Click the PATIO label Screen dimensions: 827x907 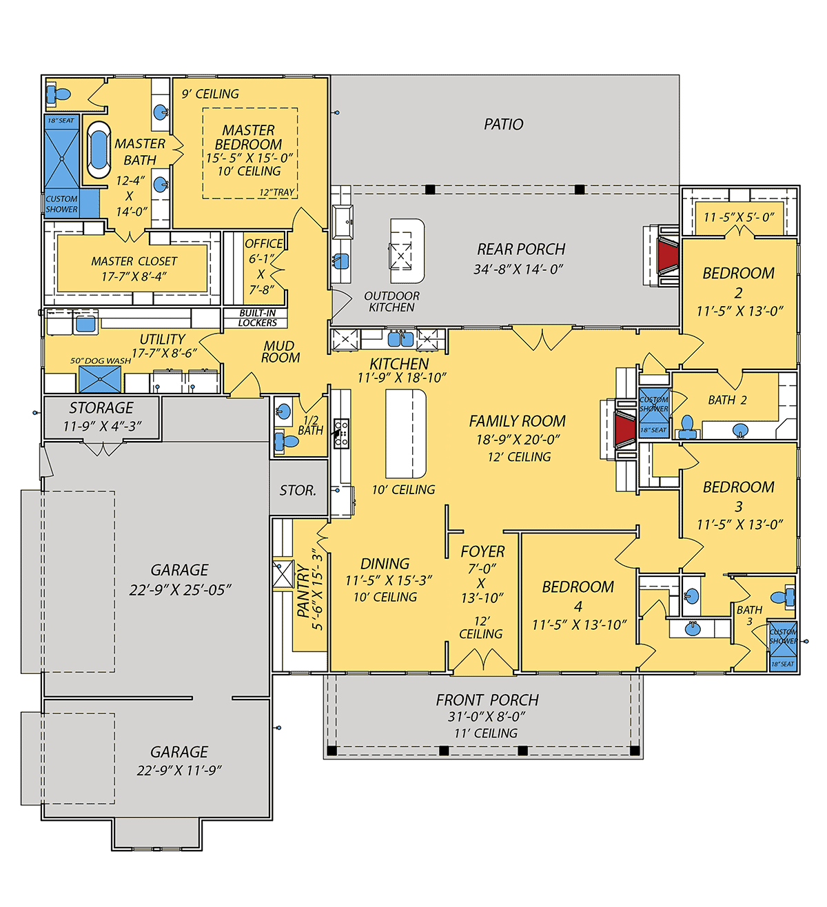pos(504,124)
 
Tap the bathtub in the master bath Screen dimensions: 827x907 pos(99,149)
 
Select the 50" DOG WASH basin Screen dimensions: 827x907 pos(100,379)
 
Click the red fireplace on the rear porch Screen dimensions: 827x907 pos(668,257)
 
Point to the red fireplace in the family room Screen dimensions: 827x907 pos(625,429)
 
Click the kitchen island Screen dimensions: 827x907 pos(406,433)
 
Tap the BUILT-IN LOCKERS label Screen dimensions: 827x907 pos(257,318)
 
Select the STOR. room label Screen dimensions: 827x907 pos(298,490)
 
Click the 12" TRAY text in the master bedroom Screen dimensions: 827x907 pos(277,192)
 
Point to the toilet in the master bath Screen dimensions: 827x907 pos(59,94)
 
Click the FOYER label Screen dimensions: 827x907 pos(482,551)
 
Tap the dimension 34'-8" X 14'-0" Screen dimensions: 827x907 pos(518,269)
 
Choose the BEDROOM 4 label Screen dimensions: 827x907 pos(578,596)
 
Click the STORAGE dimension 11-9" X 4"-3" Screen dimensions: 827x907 pos(102,426)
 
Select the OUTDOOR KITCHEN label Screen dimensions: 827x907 pos(391,302)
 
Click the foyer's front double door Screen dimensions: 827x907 pos(484,662)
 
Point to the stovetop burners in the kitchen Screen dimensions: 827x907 pos(341,433)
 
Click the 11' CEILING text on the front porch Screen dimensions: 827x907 pos(486,733)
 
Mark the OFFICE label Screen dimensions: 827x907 pos(264,244)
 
